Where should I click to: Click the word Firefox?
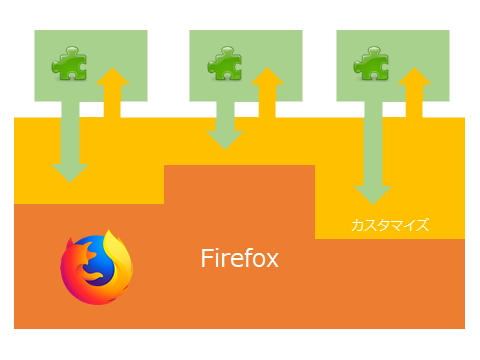pyautogui.click(x=240, y=260)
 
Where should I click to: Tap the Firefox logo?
pyautogui.click(x=96, y=267)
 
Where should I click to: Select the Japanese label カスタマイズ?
pyautogui.click(x=390, y=225)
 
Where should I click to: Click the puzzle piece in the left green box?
pyautogui.click(x=68, y=65)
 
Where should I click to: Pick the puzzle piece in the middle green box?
pyautogui.click(x=223, y=65)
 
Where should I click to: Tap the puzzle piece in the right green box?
pyautogui.click(x=369, y=65)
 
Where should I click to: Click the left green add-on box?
pyautogui.click(x=90, y=45)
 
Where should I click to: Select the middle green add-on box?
pyautogui.click(x=245, y=45)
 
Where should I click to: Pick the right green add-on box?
pyautogui.click(x=391, y=45)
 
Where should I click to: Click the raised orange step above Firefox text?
pyautogui.click(x=240, y=200)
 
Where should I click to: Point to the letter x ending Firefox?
pyautogui.click(x=273, y=262)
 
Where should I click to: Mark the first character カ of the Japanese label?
pyautogui.click(x=356, y=225)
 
